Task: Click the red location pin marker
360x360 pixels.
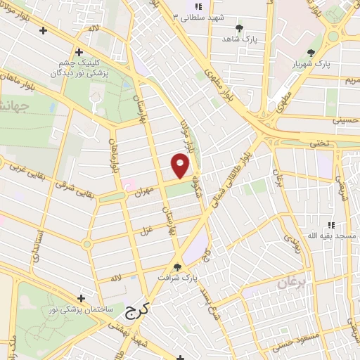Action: (x=181, y=165)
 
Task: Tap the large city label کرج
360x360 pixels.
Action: (x=139, y=310)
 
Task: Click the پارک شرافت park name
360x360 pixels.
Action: (x=174, y=277)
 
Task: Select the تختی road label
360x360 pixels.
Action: (x=319, y=143)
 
